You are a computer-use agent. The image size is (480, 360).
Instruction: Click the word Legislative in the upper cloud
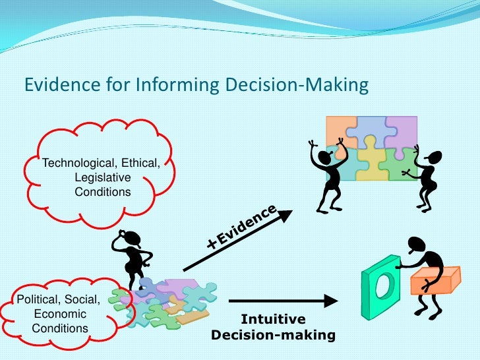102,178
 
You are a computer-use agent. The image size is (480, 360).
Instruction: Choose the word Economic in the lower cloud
60,314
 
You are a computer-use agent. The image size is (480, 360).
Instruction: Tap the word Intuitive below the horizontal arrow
273,320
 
